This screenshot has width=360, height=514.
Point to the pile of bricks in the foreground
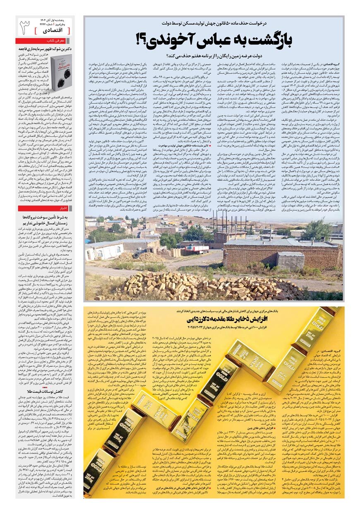pyautogui.click(x=207, y=285)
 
